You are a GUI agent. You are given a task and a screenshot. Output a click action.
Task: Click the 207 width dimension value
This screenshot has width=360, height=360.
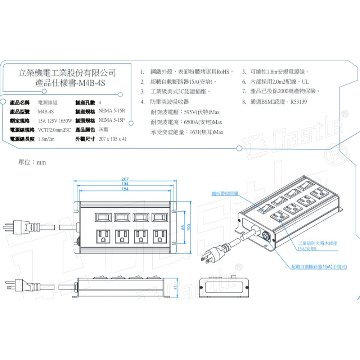click(x=125, y=179)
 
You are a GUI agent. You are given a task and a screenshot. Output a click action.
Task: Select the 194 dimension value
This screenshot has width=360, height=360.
click(x=125, y=184)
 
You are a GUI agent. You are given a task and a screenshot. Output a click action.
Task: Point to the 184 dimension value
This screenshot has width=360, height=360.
click(x=125, y=189)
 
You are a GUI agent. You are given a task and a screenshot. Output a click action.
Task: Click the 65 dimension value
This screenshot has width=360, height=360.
click(x=183, y=228)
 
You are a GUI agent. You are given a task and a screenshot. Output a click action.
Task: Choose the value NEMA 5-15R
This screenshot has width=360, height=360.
click(x=111, y=111)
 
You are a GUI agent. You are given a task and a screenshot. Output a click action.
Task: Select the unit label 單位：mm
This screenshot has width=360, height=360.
click(x=32, y=162)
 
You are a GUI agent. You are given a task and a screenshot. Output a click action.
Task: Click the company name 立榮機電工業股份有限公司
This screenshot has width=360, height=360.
click(x=67, y=73)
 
